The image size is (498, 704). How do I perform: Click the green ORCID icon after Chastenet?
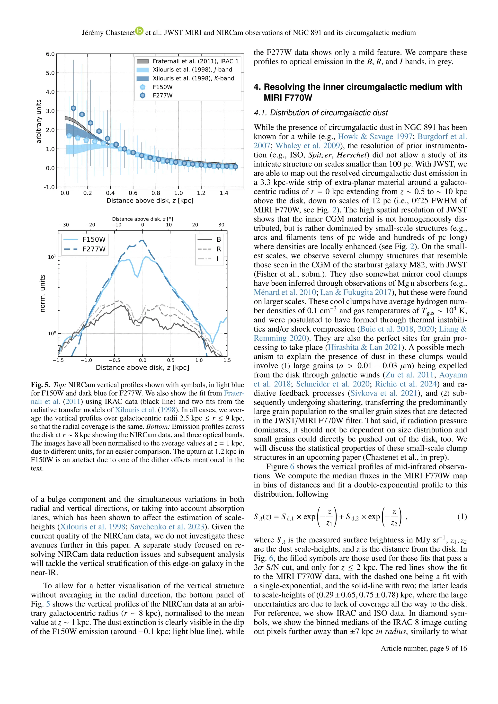tap(140, 31)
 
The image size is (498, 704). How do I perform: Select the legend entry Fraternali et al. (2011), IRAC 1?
tap(195, 61)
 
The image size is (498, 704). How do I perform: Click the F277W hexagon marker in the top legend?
tap(142, 95)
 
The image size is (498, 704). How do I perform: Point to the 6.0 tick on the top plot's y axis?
tap(50, 54)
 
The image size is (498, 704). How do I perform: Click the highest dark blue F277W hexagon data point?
tap(73, 108)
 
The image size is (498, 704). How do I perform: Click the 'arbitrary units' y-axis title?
tap(39, 121)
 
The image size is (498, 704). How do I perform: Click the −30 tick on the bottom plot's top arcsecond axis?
tap(64, 225)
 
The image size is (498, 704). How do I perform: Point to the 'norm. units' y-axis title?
tap(43, 293)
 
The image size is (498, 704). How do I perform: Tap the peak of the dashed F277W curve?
tap(142, 241)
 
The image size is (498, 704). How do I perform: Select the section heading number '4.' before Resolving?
tap(257, 87)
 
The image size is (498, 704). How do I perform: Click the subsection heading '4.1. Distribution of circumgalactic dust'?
tap(320, 113)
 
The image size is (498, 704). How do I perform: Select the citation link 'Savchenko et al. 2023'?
tap(167, 527)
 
